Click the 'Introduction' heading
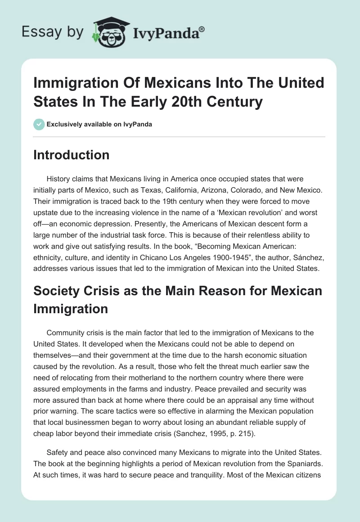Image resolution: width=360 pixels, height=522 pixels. coord(72,155)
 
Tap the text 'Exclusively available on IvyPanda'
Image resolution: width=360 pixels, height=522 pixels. coord(99,124)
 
